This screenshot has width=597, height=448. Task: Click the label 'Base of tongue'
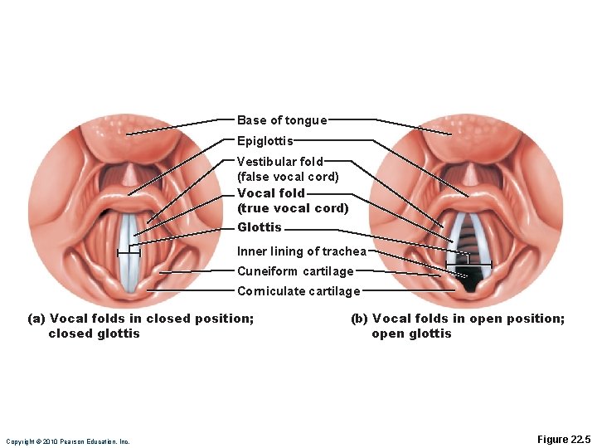point(282,120)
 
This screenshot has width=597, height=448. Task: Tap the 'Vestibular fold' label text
point(280,162)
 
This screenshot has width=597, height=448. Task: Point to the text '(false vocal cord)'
point(288,177)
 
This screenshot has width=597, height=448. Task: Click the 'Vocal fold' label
point(271,192)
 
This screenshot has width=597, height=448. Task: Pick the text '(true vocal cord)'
point(293,208)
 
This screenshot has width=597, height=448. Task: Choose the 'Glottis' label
point(260,227)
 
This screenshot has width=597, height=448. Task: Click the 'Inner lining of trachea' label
point(302,251)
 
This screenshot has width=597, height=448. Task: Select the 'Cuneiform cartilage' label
point(295,271)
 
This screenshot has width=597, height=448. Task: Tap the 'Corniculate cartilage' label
point(298,291)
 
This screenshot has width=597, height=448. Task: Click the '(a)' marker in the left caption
point(36,319)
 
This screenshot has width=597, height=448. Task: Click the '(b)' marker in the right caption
point(360,319)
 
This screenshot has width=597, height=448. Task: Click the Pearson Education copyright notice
point(67,441)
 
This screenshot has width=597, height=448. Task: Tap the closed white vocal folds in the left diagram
point(129,253)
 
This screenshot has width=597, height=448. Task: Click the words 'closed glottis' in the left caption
point(95,334)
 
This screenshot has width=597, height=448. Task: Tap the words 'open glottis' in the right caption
point(411,334)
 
